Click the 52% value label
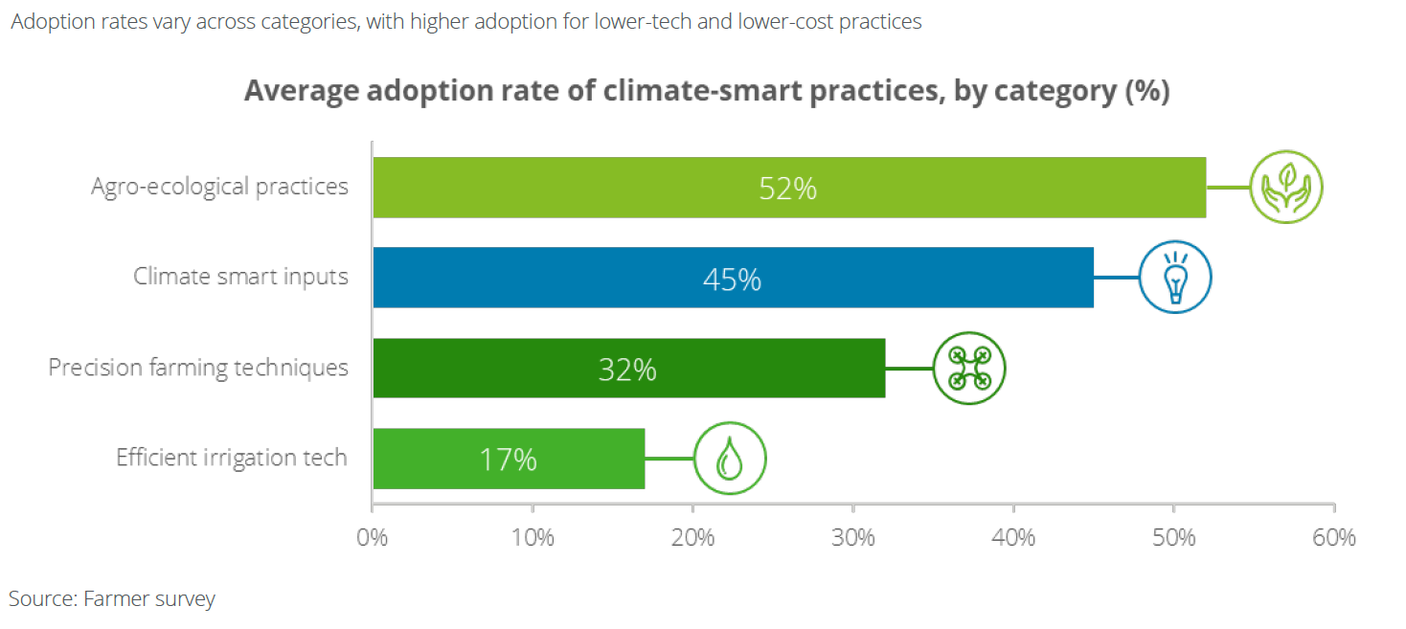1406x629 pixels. point(787,189)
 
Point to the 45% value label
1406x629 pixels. point(733,279)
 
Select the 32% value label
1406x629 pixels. point(627,369)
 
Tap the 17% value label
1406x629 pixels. point(509,460)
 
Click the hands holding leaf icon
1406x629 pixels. point(1285,187)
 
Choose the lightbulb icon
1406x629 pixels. point(1175,277)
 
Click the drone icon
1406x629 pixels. point(969,368)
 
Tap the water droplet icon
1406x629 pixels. point(730,460)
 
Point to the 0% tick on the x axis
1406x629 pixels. point(372,537)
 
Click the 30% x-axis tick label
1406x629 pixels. point(853,537)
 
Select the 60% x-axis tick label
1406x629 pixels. point(1334,537)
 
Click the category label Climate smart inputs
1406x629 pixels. point(240,278)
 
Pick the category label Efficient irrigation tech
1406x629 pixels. point(232,458)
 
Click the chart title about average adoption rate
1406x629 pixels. point(707,92)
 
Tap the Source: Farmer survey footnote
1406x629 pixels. point(112,599)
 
